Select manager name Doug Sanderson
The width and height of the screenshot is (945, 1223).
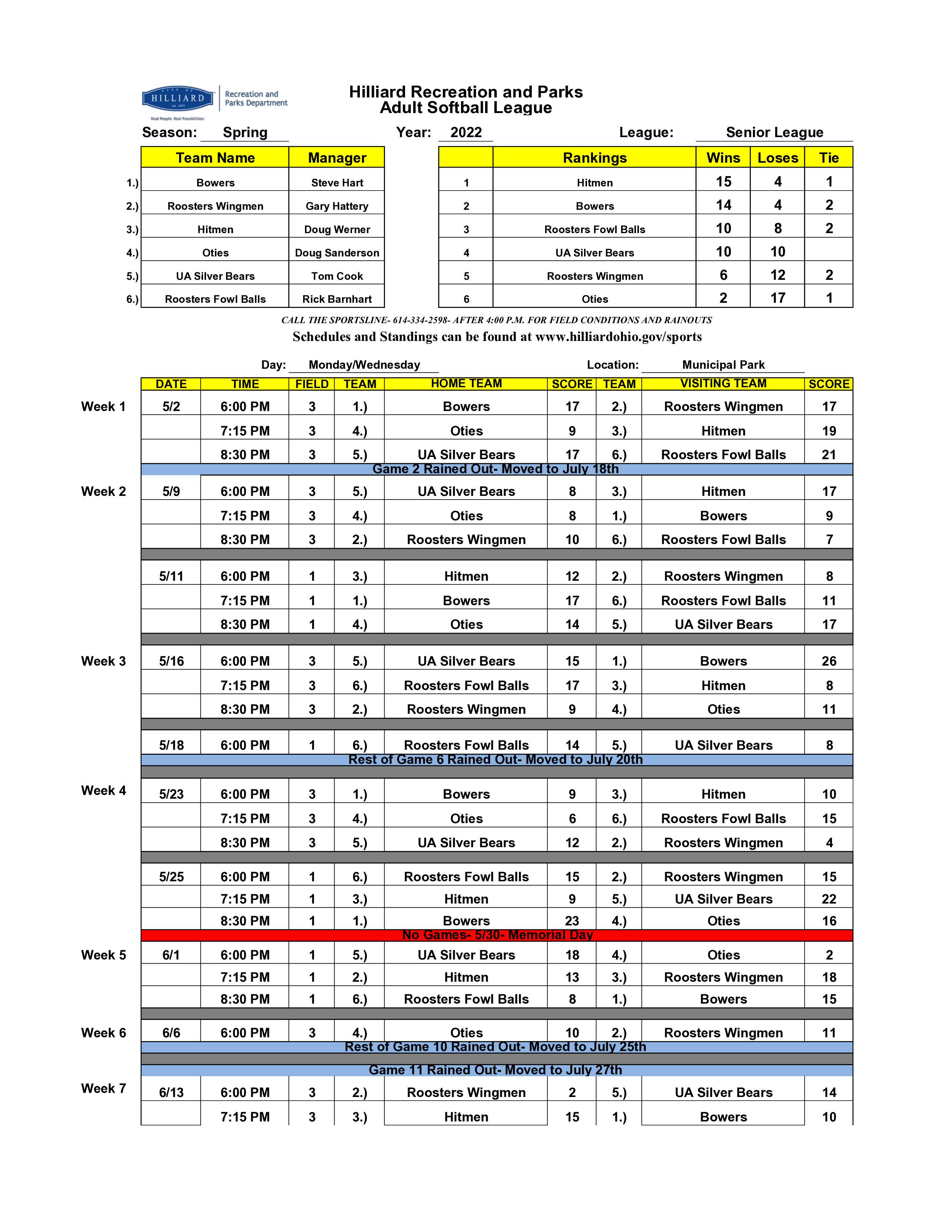click(337, 252)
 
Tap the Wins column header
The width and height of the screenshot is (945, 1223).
click(723, 158)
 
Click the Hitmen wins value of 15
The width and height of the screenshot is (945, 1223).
click(723, 182)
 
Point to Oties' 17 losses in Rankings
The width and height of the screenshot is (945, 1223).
click(777, 298)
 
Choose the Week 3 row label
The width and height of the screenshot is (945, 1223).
click(103, 661)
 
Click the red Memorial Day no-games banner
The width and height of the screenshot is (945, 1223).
click(497, 935)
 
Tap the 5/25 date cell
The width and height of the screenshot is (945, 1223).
click(171, 877)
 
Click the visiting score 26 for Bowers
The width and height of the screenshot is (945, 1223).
click(829, 661)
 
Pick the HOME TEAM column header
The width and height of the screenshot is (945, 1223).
click(466, 384)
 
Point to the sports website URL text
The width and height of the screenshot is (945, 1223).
click(618, 337)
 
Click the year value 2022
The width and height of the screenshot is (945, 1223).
click(466, 133)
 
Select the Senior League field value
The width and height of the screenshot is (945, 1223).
click(774, 133)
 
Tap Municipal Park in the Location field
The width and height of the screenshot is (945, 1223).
click(723, 365)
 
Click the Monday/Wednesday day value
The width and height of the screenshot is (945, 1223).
click(364, 365)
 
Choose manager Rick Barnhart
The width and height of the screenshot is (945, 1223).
click(337, 299)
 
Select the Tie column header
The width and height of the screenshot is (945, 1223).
click(829, 158)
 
